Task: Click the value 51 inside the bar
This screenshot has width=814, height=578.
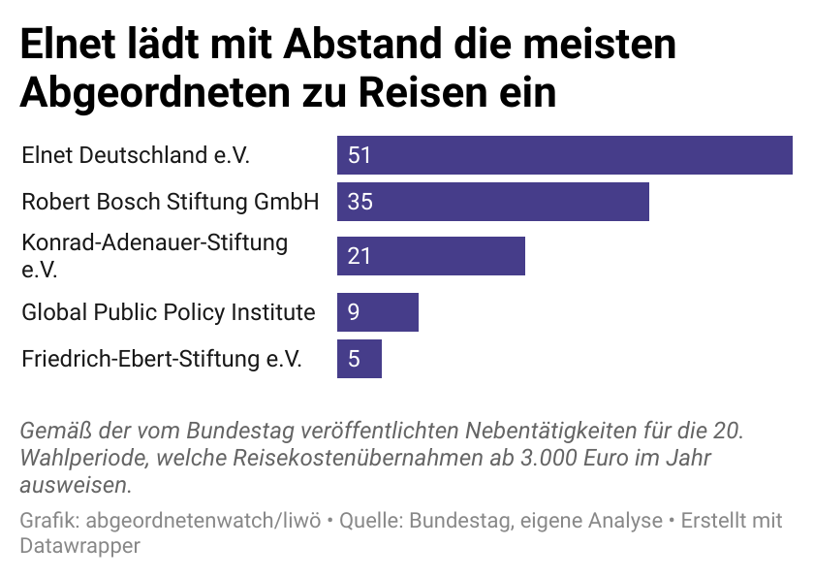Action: click(360, 155)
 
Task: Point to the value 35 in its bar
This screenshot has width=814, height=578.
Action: click(360, 202)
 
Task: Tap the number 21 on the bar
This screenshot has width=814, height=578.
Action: click(360, 256)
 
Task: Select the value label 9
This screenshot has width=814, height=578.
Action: click(354, 312)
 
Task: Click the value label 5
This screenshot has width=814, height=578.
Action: click(354, 359)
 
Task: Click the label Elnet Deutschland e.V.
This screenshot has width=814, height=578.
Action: click(142, 155)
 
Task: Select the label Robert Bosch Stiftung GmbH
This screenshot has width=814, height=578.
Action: click(170, 202)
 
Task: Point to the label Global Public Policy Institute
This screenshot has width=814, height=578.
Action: click(169, 312)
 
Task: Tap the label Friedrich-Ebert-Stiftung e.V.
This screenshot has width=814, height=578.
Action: click(162, 359)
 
